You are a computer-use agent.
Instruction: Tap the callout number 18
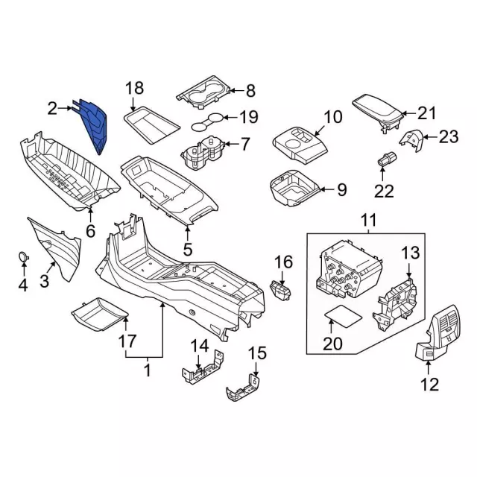click(x=133, y=89)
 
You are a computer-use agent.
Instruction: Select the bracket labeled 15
click(x=244, y=387)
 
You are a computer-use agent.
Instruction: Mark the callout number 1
click(x=147, y=369)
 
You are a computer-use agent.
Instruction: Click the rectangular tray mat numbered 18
click(x=149, y=123)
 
